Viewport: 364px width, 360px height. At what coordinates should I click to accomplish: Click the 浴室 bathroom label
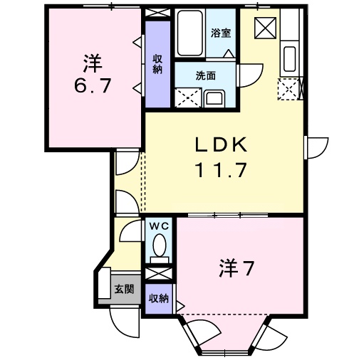tap(221, 33)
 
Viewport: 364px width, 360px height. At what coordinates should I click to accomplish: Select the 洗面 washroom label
tap(206, 75)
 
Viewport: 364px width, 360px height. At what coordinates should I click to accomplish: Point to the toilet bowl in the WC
tap(159, 248)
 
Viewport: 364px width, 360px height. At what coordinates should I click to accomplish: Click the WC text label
tap(158, 226)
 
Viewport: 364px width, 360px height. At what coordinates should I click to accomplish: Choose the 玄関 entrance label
tap(123, 289)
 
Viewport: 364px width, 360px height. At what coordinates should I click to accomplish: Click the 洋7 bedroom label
tap(236, 270)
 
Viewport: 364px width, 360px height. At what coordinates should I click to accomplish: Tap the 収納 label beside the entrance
tap(158, 298)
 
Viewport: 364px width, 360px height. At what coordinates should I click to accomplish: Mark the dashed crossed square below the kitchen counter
tap(289, 88)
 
